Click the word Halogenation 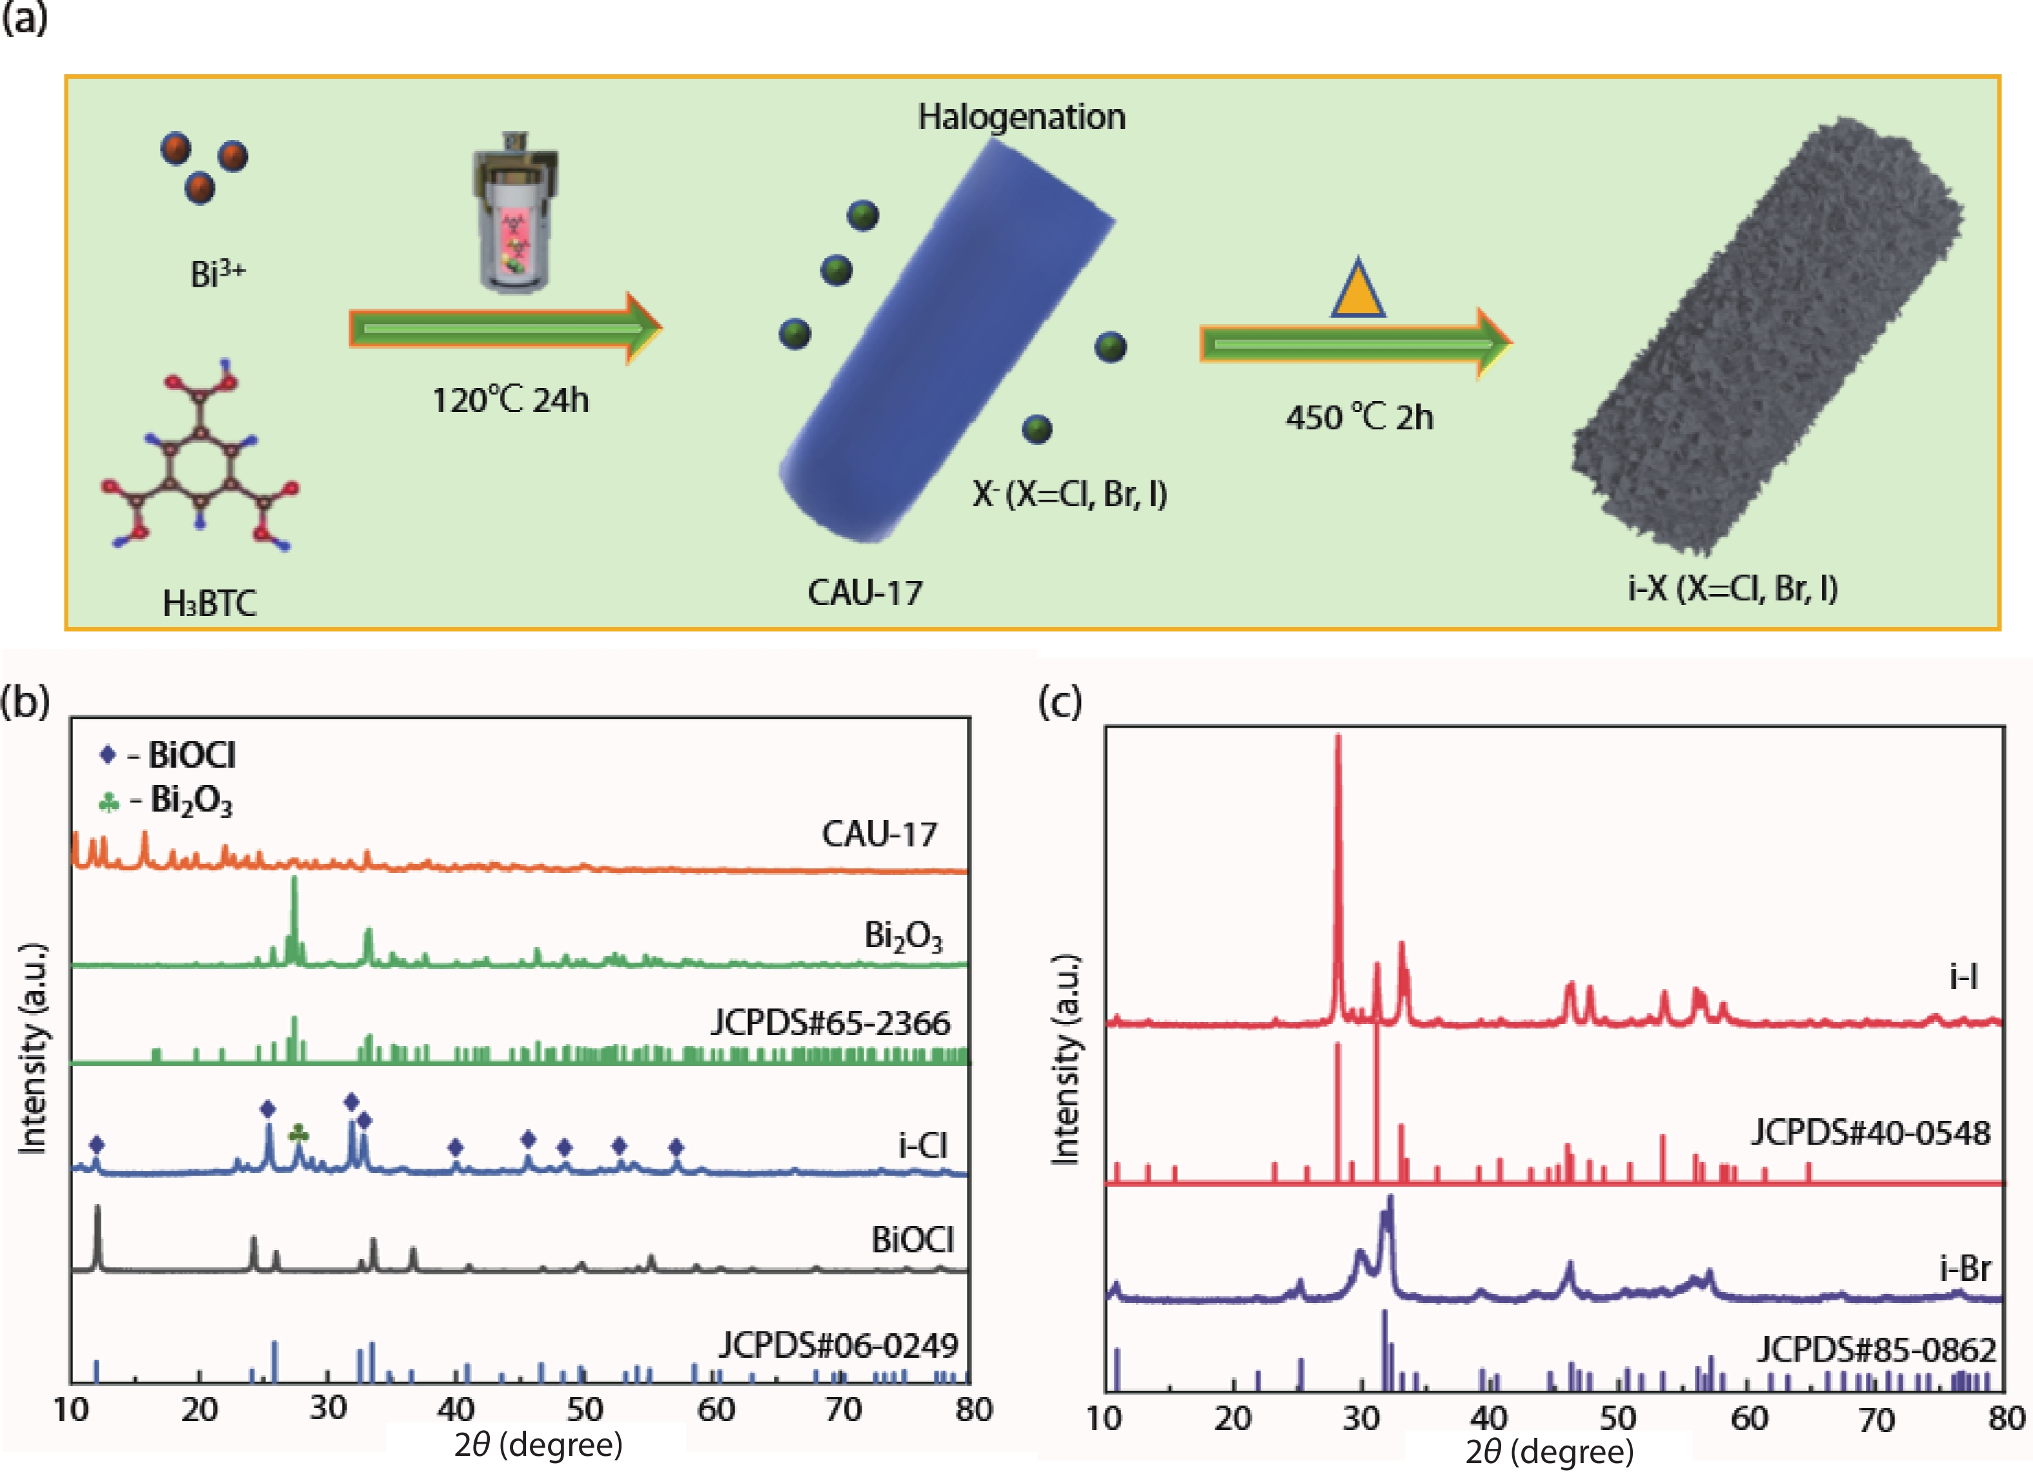(1021, 118)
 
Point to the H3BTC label (210, 604)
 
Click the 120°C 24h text (511, 400)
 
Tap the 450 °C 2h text (1359, 418)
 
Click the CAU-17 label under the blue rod (865, 593)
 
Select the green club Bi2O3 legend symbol (108, 801)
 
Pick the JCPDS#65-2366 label (830, 1023)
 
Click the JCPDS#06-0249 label (838, 1345)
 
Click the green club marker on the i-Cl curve (299, 1134)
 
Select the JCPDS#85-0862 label (1876, 1349)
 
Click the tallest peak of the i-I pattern (1339, 740)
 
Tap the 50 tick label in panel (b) (585, 1410)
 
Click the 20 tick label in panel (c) (1233, 1418)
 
